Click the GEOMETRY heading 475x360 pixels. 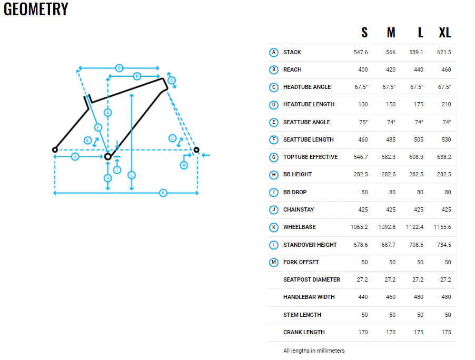pos(36,9)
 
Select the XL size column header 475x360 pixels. pos(445,33)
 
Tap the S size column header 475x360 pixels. pos(364,33)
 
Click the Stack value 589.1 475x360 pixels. pos(417,52)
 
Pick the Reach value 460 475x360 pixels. pos(446,69)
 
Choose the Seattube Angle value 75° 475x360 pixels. pos(363,122)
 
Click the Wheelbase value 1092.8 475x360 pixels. pos(387,227)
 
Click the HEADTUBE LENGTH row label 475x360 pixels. pos(309,104)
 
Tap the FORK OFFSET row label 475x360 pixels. pos(301,262)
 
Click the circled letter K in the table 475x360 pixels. pos(273,227)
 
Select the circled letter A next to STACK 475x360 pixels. pos(273,52)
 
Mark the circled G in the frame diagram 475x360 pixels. pos(119,68)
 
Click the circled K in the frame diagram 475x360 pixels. pos(163,193)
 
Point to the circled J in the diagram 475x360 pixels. pos(75,157)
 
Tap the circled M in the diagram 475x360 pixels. pos(184,165)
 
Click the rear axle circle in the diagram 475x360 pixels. pos(54,150)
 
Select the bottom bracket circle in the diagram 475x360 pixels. pos(108,156)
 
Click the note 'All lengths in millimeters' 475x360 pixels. pos(314,350)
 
